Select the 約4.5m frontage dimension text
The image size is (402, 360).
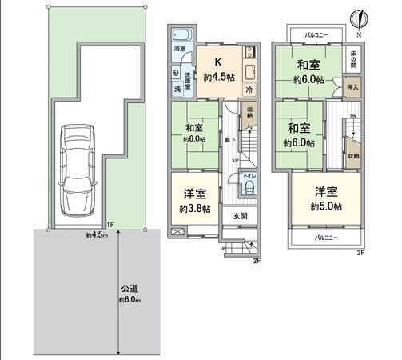[x=98, y=235]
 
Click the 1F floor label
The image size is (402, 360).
[x=110, y=226]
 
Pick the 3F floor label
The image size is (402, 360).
[x=360, y=253]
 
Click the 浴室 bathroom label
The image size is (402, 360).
[x=180, y=50]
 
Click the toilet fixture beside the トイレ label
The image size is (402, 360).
[x=249, y=189]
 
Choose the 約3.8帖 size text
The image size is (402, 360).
[x=194, y=209]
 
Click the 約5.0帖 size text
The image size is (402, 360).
[x=327, y=206]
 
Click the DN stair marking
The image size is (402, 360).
[x=352, y=115]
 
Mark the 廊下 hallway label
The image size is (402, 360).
[x=229, y=138]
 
